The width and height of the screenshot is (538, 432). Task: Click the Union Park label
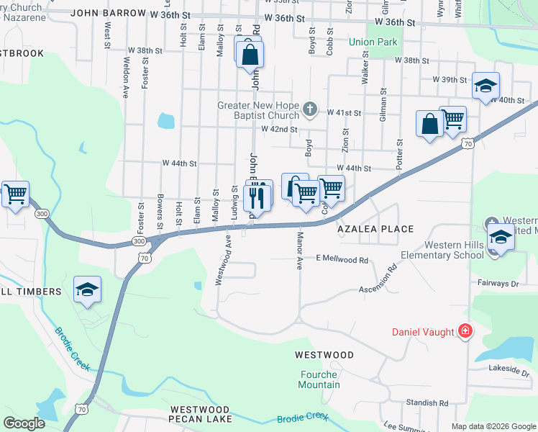pos(373,42)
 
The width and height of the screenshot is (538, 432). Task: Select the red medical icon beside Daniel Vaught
pos(466,332)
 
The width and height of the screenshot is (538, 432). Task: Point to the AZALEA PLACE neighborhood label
pos(376,229)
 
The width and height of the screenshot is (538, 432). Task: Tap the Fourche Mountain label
pos(319,379)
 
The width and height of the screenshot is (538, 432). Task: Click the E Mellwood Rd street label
pos(342,258)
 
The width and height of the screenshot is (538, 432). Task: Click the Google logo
pos(24,423)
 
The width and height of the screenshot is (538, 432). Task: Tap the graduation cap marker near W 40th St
pos(485,86)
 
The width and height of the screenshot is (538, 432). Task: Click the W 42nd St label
pos(280,129)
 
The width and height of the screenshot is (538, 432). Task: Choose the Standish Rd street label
pos(427,403)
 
